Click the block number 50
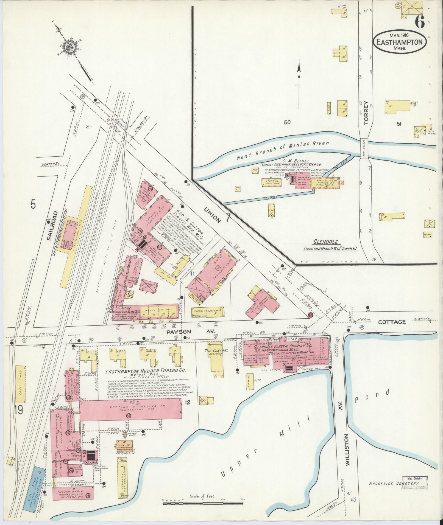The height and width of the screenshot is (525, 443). [287, 123]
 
